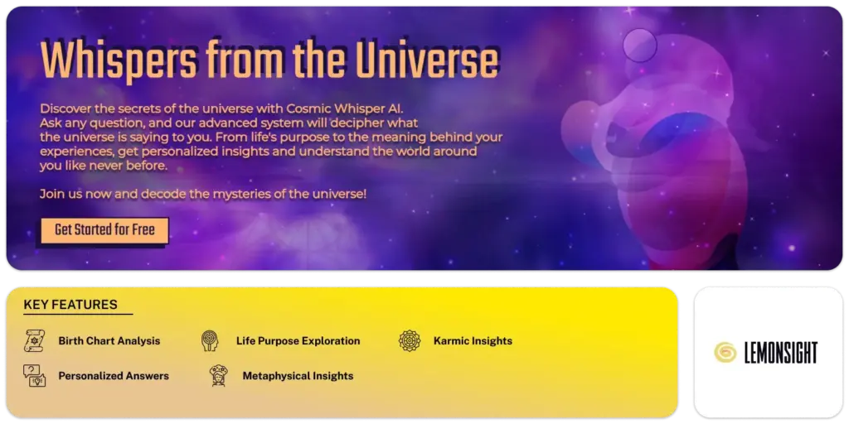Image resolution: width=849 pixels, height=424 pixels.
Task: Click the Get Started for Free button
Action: click(104, 230)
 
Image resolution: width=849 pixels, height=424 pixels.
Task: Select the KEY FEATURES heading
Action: click(70, 305)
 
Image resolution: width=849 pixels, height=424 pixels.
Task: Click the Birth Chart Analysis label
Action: click(109, 340)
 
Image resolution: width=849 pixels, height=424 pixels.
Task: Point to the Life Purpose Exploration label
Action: click(298, 340)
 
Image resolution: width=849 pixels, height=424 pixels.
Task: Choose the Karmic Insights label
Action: click(473, 340)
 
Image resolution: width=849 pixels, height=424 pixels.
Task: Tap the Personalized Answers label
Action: click(114, 375)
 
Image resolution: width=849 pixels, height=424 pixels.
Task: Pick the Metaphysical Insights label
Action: click(298, 375)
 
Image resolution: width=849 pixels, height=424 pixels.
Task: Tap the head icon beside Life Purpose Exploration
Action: click(210, 340)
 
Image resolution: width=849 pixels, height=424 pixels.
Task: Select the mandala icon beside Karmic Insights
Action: click(409, 340)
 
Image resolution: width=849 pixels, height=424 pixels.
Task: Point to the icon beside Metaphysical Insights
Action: click(218, 375)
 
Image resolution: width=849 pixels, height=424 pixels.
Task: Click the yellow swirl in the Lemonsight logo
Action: click(725, 352)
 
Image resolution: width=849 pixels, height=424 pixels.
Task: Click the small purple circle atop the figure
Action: click(639, 42)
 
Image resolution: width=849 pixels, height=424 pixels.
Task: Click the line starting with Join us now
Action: click(203, 194)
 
